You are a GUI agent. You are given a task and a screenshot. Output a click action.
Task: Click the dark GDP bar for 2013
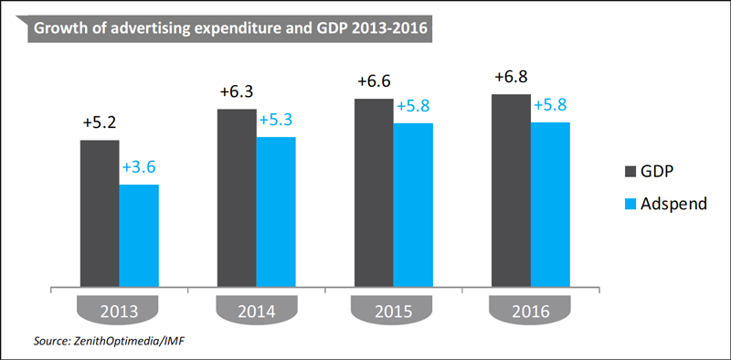click(100, 213)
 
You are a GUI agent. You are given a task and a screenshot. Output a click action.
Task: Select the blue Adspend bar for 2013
click(140, 236)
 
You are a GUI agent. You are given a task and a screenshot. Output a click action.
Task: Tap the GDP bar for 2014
click(237, 197)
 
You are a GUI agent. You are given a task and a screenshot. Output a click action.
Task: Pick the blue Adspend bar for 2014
click(276, 212)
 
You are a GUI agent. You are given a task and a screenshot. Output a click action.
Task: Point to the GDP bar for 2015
click(374, 193)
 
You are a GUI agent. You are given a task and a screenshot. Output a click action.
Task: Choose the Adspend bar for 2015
click(413, 205)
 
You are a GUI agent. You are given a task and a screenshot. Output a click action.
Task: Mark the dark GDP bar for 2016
click(511, 190)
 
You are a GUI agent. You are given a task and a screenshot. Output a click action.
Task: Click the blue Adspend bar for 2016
click(550, 205)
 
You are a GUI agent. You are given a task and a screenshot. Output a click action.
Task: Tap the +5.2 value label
click(100, 123)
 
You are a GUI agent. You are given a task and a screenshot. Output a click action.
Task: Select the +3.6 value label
click(139, 167)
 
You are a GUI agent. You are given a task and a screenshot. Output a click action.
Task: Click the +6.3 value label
click(237, 92)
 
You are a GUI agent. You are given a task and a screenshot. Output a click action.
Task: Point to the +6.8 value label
click(511, 77)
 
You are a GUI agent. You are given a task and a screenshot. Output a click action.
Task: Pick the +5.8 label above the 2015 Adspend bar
click(413, 106)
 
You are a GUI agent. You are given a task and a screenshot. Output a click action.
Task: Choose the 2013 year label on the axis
click(121, 311)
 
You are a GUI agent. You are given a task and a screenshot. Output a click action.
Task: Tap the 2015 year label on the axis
click(395, 311)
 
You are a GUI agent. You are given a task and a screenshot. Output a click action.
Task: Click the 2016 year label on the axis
click(532, 311)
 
